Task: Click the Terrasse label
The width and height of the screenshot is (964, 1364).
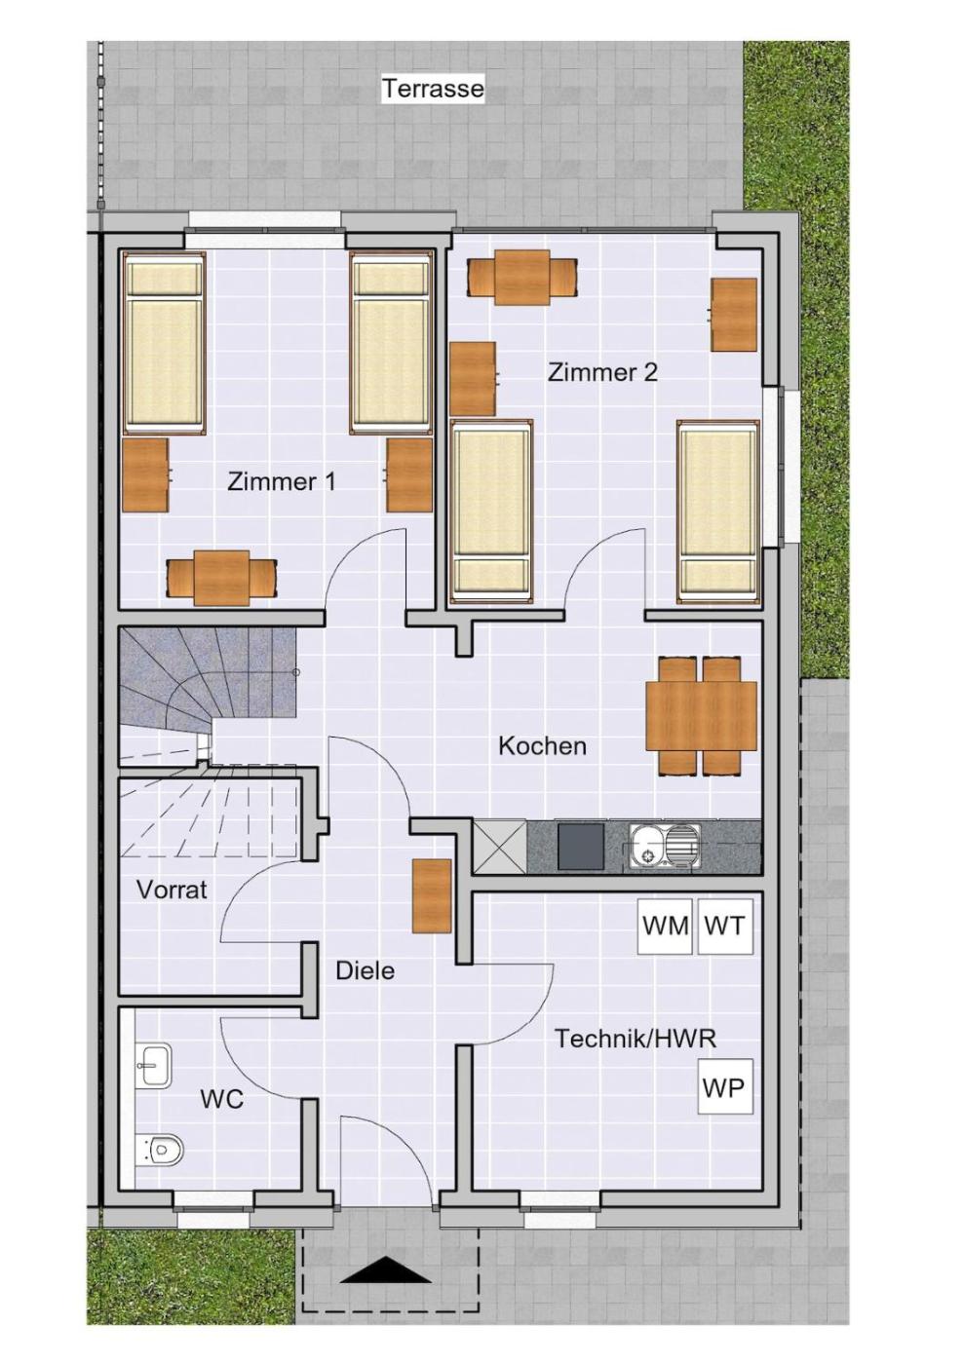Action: pos(433,89)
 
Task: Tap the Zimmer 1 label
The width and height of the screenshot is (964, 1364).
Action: pos(281,482)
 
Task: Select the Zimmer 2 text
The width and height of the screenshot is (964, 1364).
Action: pos(602,372)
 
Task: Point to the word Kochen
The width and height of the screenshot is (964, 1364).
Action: pos(542,746)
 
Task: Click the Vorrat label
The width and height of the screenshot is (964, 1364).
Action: pos(172,890)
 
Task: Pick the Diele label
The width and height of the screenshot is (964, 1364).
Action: pos(365,970)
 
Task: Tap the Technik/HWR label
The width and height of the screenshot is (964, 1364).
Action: pos(635,1039)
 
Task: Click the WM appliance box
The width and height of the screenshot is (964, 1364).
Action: pos(665,927)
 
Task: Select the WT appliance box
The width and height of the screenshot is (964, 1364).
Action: pos(724,927)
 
